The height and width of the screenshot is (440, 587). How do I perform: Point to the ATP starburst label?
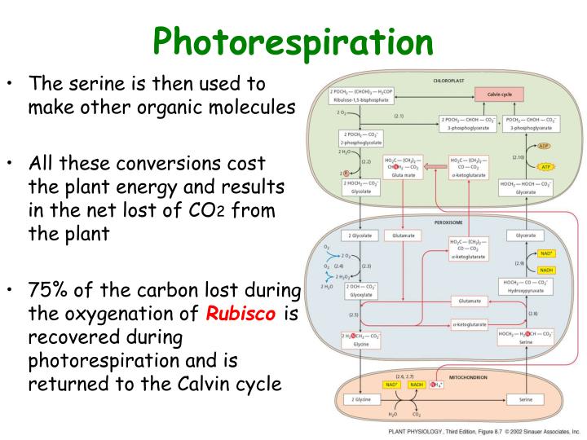click(545, 167)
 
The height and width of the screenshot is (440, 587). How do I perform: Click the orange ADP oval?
click(545, 147)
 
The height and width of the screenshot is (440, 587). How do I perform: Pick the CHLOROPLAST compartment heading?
click(450, 81)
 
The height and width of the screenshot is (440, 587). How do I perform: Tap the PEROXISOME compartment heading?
click(449, 220)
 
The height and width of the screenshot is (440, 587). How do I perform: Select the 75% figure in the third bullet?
click(50, 292)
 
